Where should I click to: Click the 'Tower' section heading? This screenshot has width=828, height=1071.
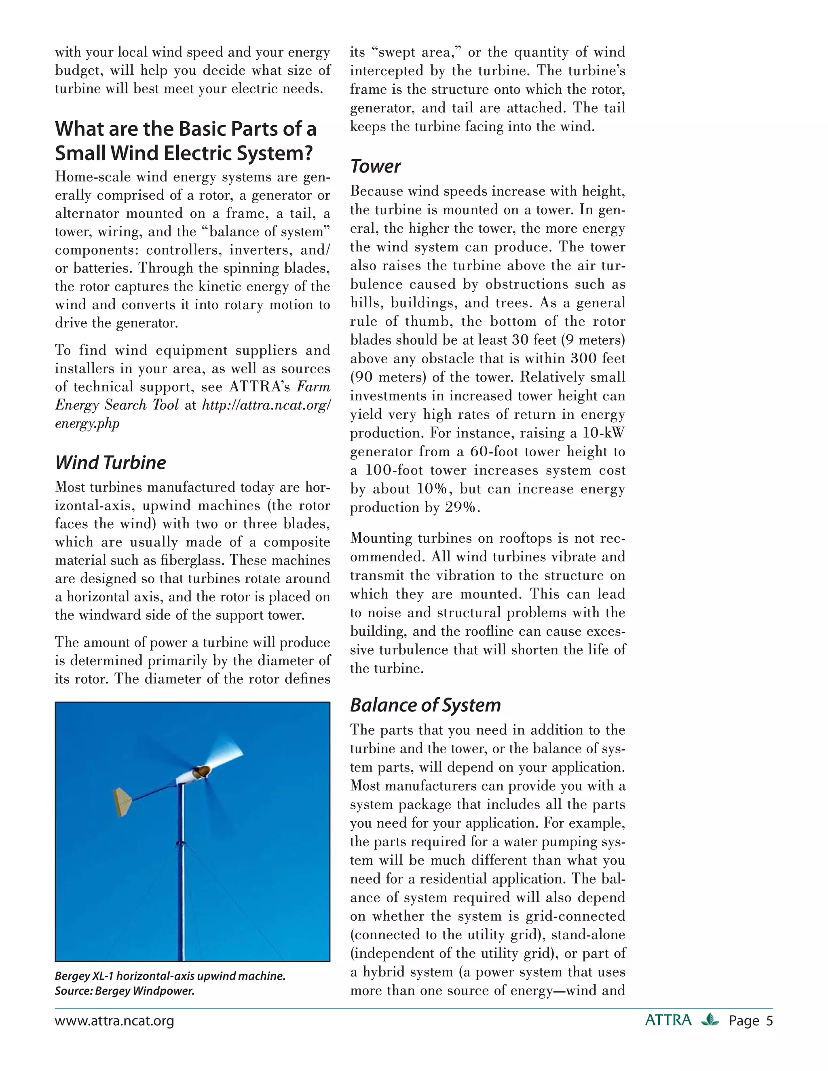375,167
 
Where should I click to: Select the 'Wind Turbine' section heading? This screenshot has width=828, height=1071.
110,462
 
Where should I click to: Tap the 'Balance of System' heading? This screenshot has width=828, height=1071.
425,705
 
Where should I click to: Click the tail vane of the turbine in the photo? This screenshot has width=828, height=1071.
123,802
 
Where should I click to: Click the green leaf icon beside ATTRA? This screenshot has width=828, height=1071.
710,1020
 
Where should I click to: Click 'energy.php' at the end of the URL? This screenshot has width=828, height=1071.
87,424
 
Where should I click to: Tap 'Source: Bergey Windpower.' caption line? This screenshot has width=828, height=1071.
125,991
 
